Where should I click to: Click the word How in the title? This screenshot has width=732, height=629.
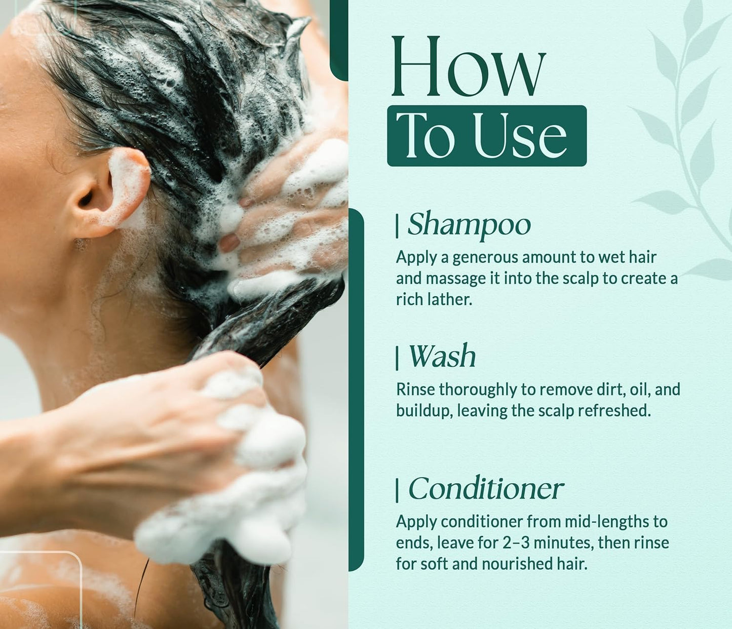click(468, 67)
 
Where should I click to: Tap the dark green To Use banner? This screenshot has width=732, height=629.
click(486, 136)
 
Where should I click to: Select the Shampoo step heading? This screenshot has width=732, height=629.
click(469, 224)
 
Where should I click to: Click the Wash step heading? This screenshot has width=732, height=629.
click(442, 357)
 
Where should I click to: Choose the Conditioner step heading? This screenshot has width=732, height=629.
click(485, 489)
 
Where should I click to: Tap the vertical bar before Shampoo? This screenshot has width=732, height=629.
click(397, 225)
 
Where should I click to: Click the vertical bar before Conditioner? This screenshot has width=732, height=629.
click(397, 490)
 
